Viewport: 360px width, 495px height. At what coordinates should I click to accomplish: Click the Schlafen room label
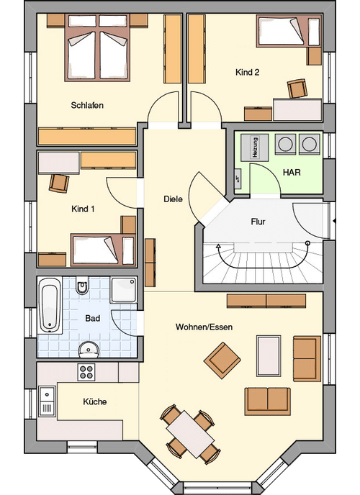[x=87, y=105]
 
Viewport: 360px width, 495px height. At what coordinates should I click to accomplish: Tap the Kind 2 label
[x=247, y=72]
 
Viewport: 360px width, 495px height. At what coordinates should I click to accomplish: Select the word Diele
[x=173, y=199]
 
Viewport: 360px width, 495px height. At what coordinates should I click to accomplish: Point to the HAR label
[x=292, y=173]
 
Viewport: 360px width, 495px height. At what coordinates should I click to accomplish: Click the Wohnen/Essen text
[x=204, y=327]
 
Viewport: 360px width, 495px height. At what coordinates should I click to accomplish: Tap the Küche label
[x=95, y=401]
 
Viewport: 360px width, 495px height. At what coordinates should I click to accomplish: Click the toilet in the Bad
[x=82, y=286]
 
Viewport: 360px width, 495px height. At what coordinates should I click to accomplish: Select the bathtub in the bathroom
[x=50, y=305]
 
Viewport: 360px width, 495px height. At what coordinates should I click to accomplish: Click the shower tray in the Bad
[x=123, y=290]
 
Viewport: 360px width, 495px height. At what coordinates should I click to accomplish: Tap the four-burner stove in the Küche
[x=86, y=372]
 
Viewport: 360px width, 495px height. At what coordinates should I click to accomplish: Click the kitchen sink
[x=48, y=401]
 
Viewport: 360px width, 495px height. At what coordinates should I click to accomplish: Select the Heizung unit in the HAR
[x=255, y=147]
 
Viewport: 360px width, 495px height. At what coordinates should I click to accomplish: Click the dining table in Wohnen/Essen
[x=190, y=435]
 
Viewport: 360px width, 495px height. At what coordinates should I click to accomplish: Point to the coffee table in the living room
[x=269, y=355]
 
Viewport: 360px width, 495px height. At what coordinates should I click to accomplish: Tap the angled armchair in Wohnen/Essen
[x=222, y=360]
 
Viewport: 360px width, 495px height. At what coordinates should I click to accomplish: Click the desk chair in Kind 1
[x=59, y=183]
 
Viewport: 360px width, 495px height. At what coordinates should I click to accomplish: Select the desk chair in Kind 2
[x=297, y=88]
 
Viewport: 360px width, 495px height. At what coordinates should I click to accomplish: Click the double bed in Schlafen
[x=98, y=48]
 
